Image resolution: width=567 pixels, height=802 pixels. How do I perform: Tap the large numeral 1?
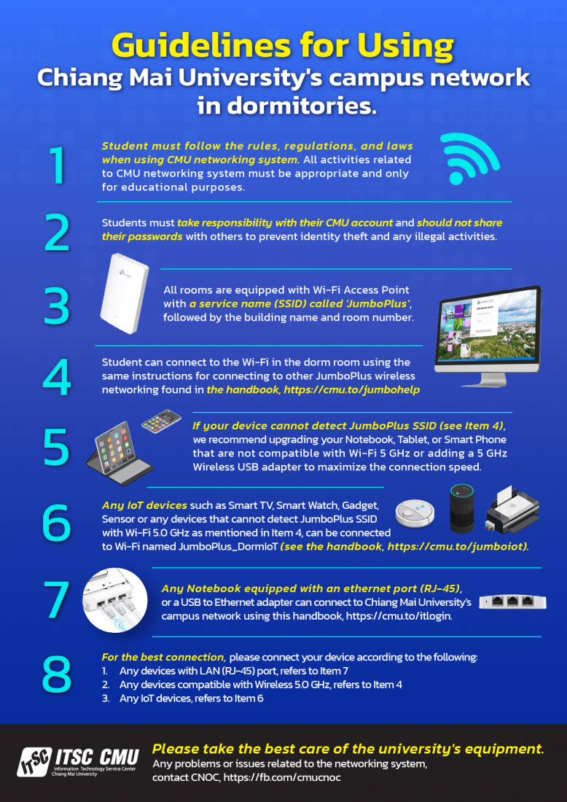coord(58,166)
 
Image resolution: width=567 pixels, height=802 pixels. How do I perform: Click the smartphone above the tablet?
coord(161,420)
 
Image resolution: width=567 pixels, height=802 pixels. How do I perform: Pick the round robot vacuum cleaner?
coord(415,512)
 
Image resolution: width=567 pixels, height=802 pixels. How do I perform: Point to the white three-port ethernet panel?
coord(513,601)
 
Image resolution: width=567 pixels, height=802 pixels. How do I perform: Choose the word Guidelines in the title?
coord(196,45)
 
